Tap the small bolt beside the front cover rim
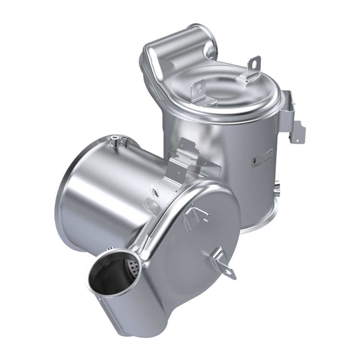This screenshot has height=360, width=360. [x=155, y=192]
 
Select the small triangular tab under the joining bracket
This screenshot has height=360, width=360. [x=166, y=185]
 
